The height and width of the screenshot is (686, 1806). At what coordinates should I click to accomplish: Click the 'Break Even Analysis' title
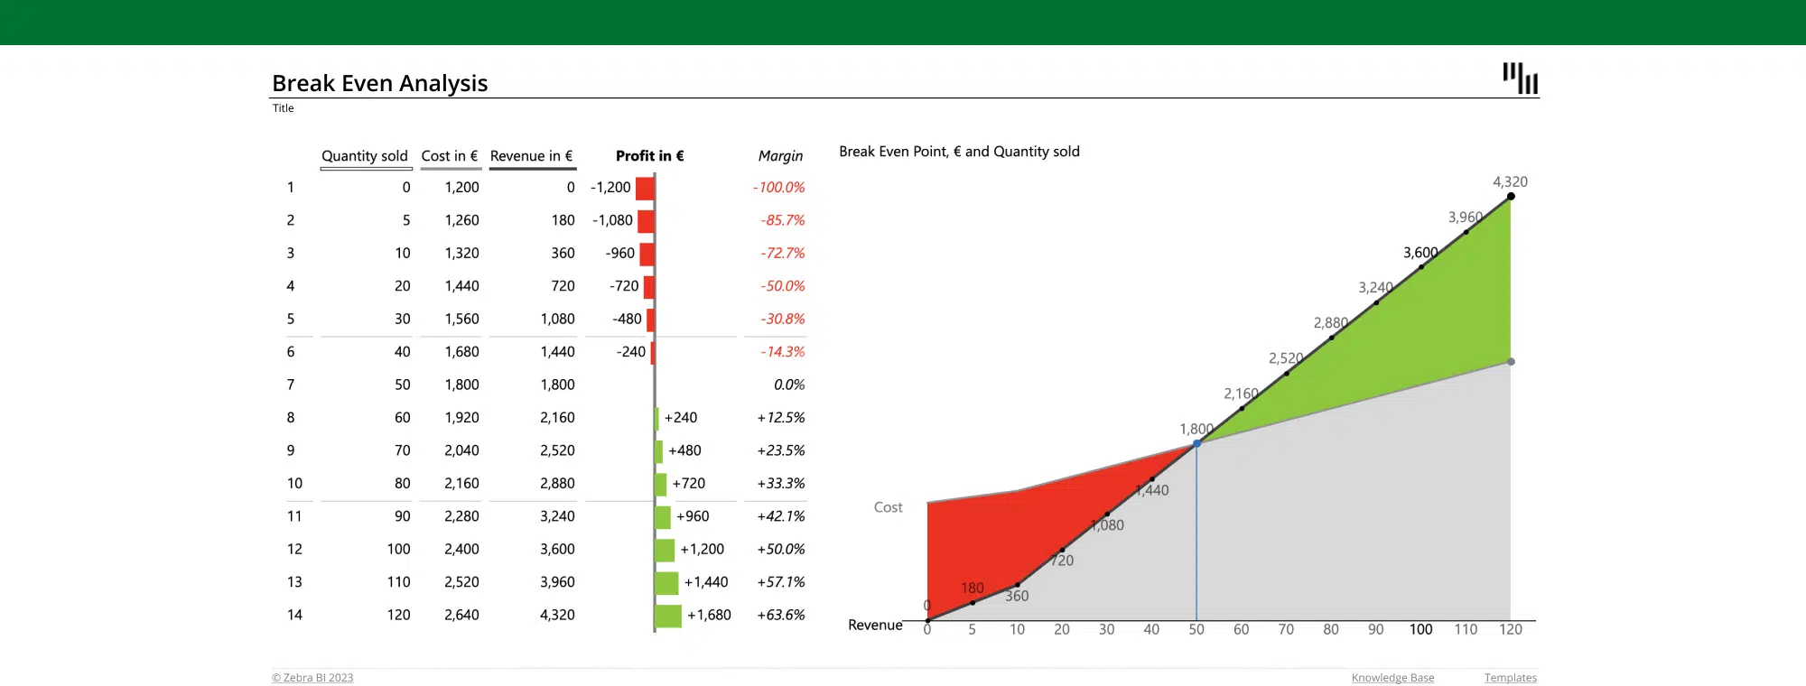pyautogui.click(x=379, y=83)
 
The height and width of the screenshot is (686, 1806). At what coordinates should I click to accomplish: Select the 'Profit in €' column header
pyautogui.click(x=649, y=156)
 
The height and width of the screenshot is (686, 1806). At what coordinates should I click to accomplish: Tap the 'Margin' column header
pyautogui.click(x=780, y=156)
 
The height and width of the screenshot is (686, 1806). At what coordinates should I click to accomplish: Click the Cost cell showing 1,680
pyautogui.click(x=461, y=352)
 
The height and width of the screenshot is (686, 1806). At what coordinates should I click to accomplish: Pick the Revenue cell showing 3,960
pyautogui.click(x=557, y=582)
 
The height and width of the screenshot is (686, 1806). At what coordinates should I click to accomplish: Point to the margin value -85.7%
pyautogui.click(x=782, y=220)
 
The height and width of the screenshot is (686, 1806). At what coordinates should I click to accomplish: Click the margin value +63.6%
pyautogui.click(x=781, y=616)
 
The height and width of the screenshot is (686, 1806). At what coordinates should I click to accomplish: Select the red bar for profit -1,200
pyautogui.click(x=645, y=188)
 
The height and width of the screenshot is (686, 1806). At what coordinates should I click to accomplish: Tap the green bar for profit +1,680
pyautogui.click(x=668, y=616)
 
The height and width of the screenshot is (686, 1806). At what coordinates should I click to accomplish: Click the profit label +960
pyautogui.click(x=693, y=516)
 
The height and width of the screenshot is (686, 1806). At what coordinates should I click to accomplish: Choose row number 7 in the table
pyautogui.click(x=291, y=385)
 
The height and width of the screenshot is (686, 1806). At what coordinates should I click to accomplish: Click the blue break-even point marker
pyautogui.click(x=1196, y=443)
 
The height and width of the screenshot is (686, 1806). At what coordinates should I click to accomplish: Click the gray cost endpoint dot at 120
pyautogui.click(x=1511, y=362)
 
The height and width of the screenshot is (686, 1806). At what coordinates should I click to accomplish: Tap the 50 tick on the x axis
pyautogui.click(x=1196, y=630)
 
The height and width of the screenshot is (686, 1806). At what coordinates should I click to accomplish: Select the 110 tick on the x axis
pyautogui.click(x=1466, y=630)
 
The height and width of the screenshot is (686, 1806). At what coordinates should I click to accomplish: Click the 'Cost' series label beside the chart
pyautogui.click(x=888, y=507)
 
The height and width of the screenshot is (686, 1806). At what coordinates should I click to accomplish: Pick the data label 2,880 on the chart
pyautogui.click(x=1330, y=323)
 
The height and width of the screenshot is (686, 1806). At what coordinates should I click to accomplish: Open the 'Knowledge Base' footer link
pyautogui.click(x=1392, y=678)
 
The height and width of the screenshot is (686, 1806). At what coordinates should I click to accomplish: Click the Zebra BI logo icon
pyautogui.click(x=1521, y=79)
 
